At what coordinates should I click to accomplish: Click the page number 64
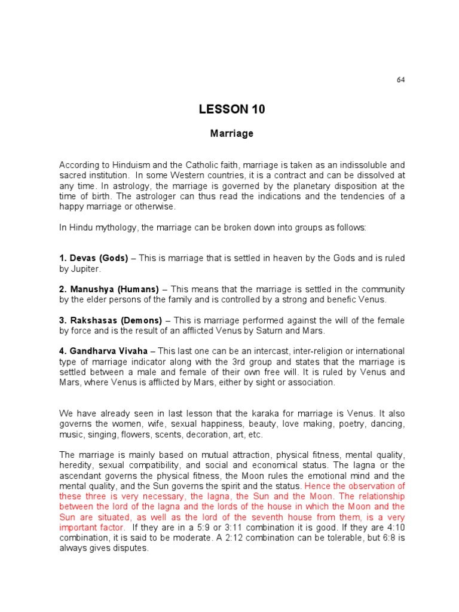point(400,80)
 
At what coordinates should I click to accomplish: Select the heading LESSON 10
point(232,109)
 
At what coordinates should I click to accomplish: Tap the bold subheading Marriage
point(232,134)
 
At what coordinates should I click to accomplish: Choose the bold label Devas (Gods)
point(94,259)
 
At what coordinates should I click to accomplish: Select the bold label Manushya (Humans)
point(109,289)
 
